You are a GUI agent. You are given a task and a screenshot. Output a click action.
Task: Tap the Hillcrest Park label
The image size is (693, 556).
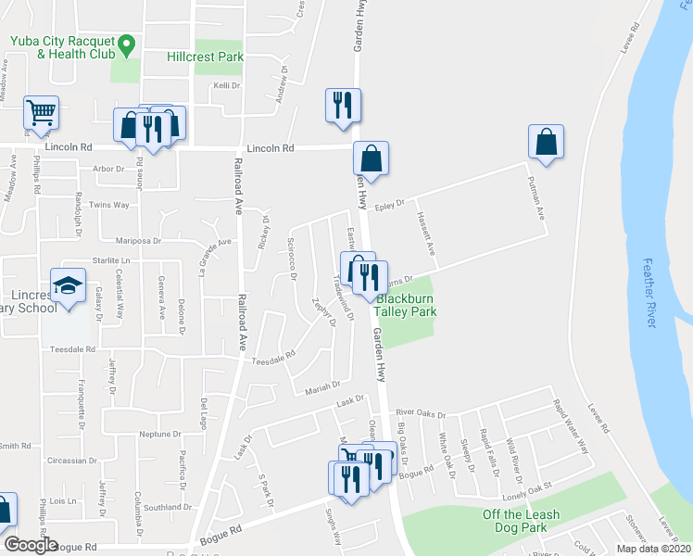point(205,57)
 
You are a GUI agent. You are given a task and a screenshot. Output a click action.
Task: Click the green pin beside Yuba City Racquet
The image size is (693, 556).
point(128,43)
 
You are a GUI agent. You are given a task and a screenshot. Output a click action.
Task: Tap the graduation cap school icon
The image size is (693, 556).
point(68,285)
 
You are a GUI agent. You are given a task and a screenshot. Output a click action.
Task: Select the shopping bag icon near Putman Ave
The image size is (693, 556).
point(546,142)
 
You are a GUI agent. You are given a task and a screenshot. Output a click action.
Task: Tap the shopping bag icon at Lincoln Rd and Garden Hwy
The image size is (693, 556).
point(371,158)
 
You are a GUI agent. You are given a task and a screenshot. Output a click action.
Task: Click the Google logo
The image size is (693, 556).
point(31,545)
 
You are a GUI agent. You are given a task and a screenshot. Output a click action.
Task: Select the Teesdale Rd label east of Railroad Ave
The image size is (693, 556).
point(274,355)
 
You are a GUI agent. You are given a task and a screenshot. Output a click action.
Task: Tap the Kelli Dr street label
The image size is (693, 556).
point(227,85)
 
